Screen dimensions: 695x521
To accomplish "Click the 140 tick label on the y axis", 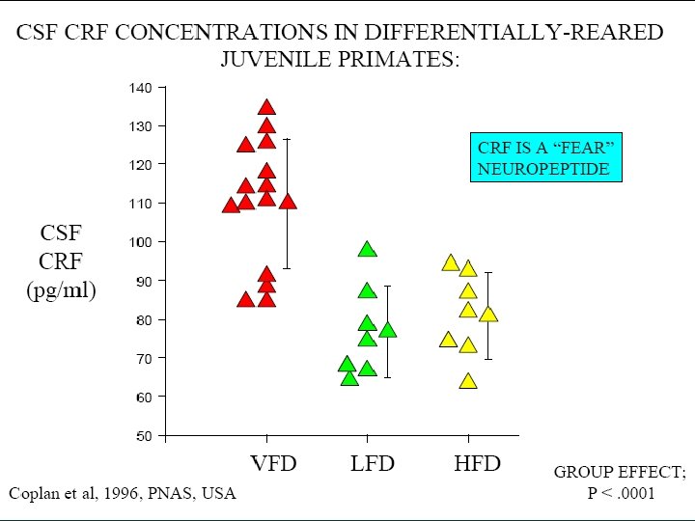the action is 140,88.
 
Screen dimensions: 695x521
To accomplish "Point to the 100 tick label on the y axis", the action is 140,242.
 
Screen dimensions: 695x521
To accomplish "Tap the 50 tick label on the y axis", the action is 143,436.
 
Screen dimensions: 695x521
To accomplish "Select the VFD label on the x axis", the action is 273,463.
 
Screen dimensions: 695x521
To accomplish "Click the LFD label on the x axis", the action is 373,463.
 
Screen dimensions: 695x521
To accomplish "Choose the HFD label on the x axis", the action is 478,463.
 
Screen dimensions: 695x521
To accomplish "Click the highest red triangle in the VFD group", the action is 266,108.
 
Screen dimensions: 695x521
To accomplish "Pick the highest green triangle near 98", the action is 367,250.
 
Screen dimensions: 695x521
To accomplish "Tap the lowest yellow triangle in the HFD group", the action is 468,381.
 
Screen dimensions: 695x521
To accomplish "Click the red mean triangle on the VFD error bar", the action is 288,202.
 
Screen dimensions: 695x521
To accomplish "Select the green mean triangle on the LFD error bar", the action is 388,330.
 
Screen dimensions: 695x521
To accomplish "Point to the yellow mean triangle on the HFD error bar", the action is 488,315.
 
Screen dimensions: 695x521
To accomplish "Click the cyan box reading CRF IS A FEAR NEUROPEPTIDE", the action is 546,157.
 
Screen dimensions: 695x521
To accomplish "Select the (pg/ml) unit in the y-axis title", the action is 61,291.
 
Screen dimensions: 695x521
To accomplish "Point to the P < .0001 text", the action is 621,493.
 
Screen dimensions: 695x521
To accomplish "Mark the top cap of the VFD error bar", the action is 287,139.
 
